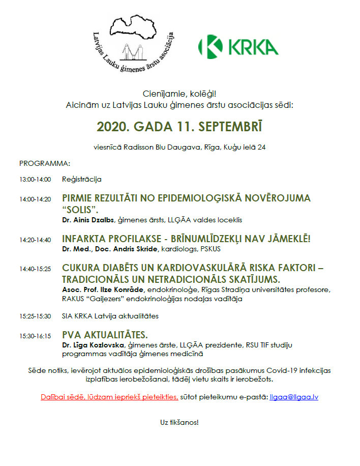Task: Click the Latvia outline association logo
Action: pos(134,44)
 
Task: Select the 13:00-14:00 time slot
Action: pos(35,180)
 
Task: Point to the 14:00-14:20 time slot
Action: pos(35,199)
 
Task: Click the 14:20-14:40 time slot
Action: pos(35,240)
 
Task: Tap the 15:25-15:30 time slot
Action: pos(35,316)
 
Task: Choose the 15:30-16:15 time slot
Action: pos(35,336)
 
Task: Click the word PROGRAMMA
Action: pos(44,163)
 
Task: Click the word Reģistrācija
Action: pos(82,180)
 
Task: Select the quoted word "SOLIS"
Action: pos(80,210)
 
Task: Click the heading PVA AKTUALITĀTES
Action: pos(105,335)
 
